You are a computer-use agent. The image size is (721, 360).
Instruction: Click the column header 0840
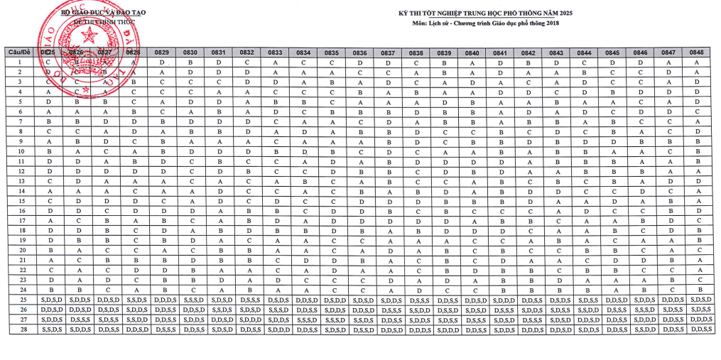click(x=472, y=53)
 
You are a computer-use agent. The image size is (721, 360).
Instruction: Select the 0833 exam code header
click(x=275, y=53)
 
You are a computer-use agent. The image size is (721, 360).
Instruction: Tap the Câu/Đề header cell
click(x=19, y=53)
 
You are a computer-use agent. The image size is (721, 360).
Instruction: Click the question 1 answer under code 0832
click(x=247, y=62)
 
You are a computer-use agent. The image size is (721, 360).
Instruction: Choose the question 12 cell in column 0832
click(x=247, y=171)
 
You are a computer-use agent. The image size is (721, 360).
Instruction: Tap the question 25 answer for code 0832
click(x=247, y=300)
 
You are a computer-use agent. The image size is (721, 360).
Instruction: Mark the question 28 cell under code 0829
click(x=163, y=329)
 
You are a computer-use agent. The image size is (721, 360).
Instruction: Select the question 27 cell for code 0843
click(x=556, y=320)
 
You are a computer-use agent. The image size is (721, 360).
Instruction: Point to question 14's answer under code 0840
click(x=472, y=191)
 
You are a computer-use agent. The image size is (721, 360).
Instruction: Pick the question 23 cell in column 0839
click(x=444, y=280)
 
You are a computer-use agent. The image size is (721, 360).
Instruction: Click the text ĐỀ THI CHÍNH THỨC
click(x=104, y=23)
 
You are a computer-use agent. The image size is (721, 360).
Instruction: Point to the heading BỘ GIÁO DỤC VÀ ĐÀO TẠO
click(x=104, y=13)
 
